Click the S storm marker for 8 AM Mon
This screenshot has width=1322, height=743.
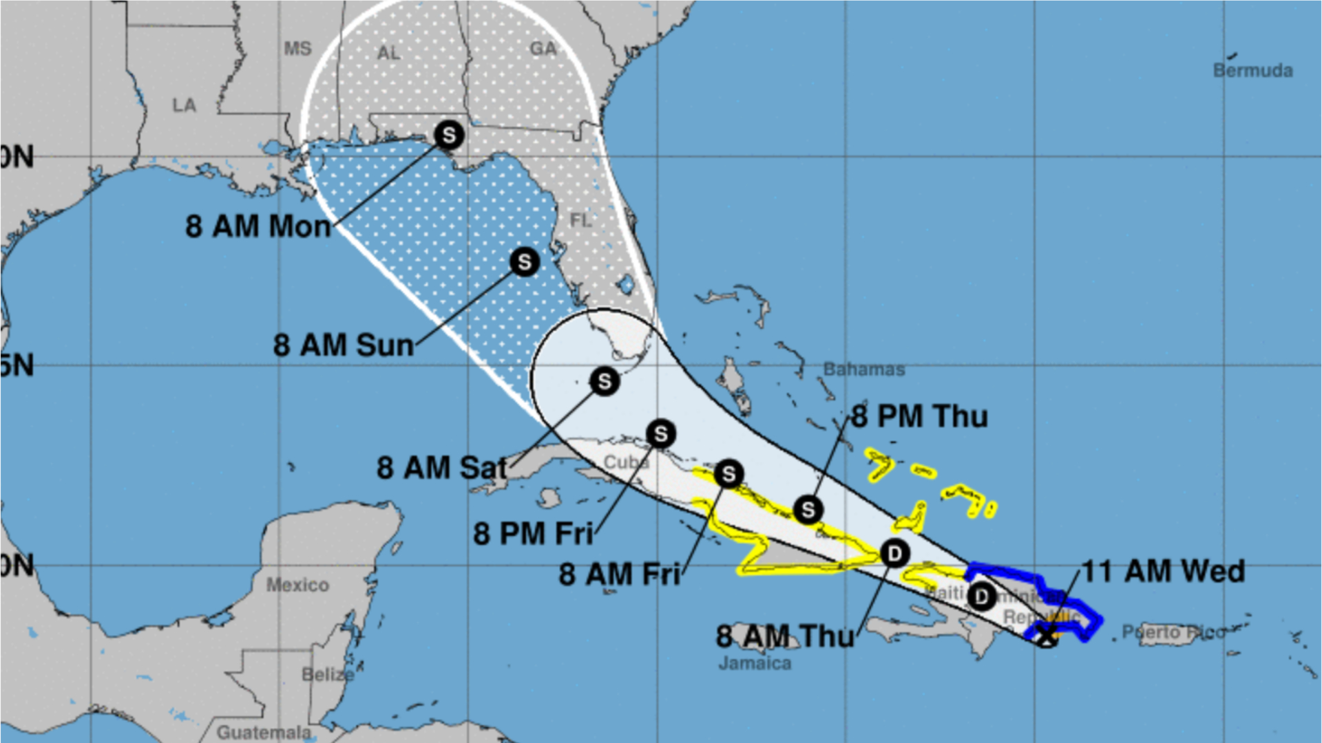coord(448,135)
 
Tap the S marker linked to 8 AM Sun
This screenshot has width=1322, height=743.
coord(525,262)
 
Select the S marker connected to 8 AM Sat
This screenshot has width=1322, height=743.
coord(604,381)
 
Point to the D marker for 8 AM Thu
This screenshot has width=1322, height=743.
coord(894,554)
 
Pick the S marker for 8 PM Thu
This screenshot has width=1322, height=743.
coord(808,510)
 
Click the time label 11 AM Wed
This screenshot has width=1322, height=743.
coord(1164,572)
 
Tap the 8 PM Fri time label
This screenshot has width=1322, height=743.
coord(533,534)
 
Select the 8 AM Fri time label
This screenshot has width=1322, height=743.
coord(620,574)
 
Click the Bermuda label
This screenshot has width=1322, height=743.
coord(1252,70)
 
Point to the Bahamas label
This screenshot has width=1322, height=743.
coord(864,369)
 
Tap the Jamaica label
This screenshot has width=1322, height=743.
coord(755,663)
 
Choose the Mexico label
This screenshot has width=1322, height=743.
coord(297,585)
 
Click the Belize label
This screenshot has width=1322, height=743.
coord(328,674)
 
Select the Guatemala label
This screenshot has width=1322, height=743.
coord(264,733)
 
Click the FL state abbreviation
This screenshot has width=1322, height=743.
coord(580,220)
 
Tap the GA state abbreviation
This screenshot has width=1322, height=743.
coord(543,49)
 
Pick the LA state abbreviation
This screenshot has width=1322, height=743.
coord(184,105)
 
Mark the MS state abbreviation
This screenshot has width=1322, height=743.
coord(297,49)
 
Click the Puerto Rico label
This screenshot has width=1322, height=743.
coord(1173,632)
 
